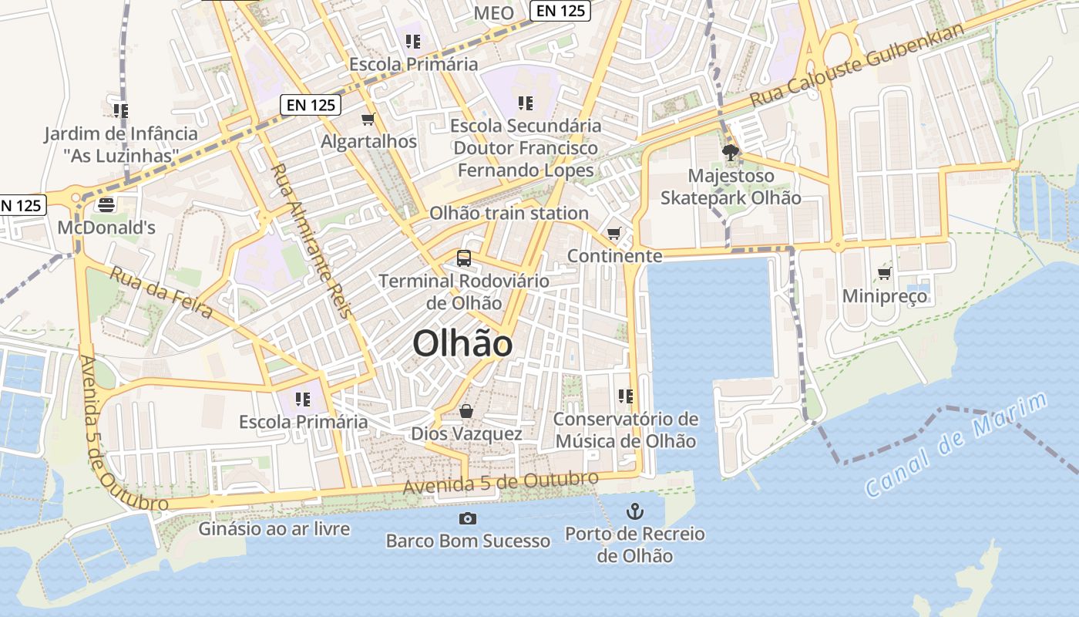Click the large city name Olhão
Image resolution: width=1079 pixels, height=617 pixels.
pos(462,343)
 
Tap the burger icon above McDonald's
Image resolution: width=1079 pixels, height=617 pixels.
pos(106,204)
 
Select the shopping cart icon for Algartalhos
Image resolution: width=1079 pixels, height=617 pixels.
pos(368,119)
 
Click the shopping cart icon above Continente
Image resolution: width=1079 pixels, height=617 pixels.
pos(614,233)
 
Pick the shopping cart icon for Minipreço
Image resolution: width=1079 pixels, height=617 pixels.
pos(884,273)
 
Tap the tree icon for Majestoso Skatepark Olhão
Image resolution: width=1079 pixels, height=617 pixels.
pos(730,153)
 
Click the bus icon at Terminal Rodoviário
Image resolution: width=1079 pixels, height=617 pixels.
pos(463,258)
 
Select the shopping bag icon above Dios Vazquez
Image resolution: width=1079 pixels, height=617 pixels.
pos(466,411)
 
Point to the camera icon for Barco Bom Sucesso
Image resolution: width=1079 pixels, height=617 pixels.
pos(467,518)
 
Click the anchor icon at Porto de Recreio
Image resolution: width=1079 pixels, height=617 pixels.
pos(634,511)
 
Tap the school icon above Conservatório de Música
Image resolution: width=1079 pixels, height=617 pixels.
pos(625,396)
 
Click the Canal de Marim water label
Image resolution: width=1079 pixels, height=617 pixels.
pos(956,444)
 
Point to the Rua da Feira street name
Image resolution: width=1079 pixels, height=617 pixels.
pos(161,292)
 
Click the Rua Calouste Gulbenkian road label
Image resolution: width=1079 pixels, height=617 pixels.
pos(857,66)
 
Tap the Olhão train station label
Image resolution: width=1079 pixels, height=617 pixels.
pos(509,213)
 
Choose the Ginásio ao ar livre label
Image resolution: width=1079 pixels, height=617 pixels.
pos(274,529)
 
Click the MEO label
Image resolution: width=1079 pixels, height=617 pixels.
pos(493,13)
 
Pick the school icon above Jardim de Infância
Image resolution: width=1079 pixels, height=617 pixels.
pos(120,111)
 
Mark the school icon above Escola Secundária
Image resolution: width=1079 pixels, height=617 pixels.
pos(526,103)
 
